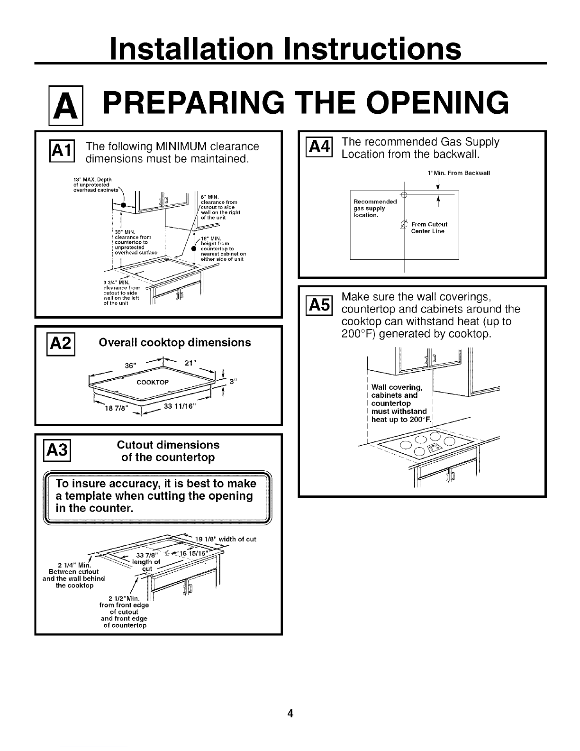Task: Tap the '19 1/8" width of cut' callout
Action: [226, 539]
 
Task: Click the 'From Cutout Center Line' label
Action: [428, 228]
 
